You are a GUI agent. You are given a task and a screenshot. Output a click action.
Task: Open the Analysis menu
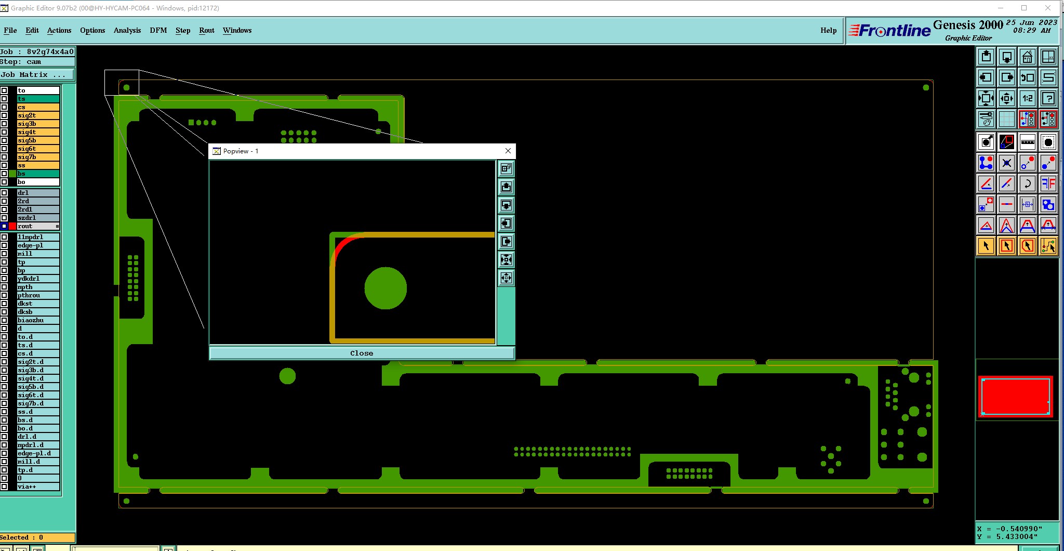coord(127,30)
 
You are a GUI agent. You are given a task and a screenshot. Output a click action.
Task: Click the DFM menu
coord(158,30)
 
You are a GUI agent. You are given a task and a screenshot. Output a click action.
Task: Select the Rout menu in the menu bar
coord(207,30)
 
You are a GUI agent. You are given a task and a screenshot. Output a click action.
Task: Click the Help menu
coord(829,30)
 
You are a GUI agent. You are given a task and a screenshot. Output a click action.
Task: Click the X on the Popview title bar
coord(508,151)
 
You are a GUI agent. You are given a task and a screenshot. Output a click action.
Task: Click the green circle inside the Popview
coord(385,288)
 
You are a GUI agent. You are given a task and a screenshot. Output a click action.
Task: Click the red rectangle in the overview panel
coord(1016,396)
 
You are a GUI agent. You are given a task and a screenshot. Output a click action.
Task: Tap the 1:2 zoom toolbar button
coord(1028,98)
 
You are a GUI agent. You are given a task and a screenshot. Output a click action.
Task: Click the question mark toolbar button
coord(1048,98)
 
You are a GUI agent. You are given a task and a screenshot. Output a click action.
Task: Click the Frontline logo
coord(889,31)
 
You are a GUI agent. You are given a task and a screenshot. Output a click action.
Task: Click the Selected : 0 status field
coord(37,537)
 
